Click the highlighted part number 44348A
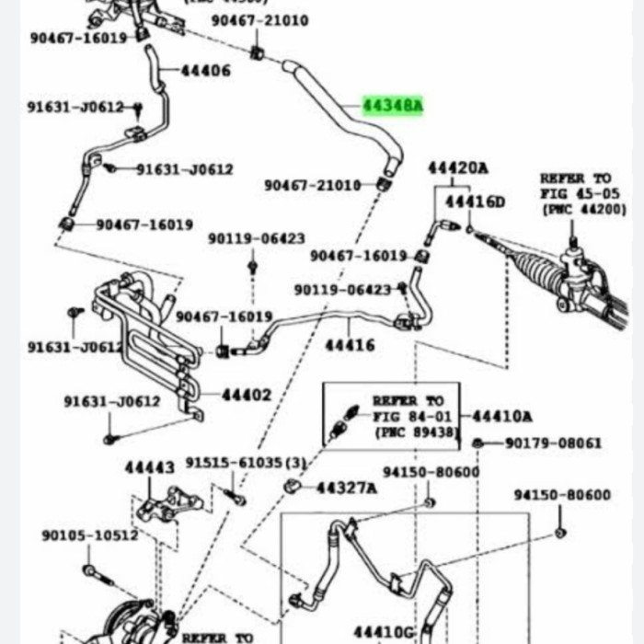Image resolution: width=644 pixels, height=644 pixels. (392, 106)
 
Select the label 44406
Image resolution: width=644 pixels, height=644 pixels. (205, 71)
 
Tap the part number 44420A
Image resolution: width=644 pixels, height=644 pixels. (457, 167)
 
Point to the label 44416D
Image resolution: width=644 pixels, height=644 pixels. (475, 201)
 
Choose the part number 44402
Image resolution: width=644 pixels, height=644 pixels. (247, 395)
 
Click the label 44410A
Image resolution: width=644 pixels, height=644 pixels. (501, 416)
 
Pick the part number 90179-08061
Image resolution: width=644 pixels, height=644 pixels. (554, 443)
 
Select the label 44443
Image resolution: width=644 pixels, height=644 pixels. (149, 467)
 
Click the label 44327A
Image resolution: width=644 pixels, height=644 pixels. (346, 487)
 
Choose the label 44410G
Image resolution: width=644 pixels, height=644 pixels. (384, 632)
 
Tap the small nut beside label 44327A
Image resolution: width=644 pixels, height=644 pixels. (293, 485)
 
